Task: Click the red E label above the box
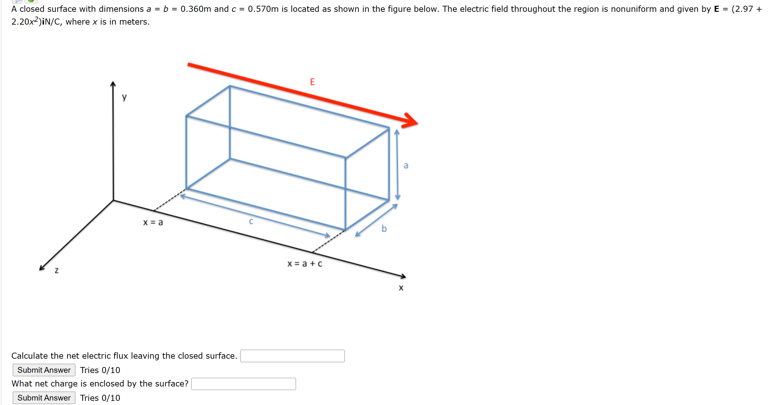click(x=312, y=82)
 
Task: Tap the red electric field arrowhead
click(x=411, y=121)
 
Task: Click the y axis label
click(x=124, y=97)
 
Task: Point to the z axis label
click(x=57, y=271)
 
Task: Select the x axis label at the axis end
click(x=401, y=288)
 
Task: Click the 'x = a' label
click(x=153, y=222)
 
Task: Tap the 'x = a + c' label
click(x=305, y=264)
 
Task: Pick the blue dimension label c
click(x=251, y=221)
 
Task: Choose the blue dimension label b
click(x=384, y=229)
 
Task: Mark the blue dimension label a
click(x=406, y=165)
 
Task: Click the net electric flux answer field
click(x=292, y=356)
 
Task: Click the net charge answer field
click(x=243, y=384)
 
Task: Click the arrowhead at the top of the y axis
click(x=113, y=84)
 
